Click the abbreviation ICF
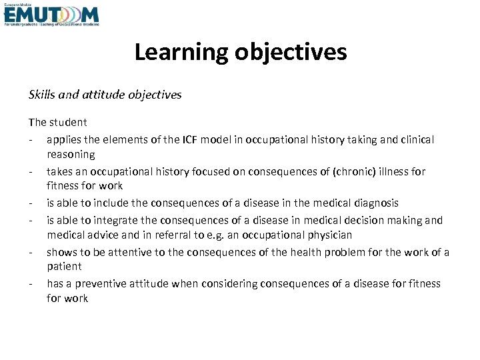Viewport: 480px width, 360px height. coord(190,139)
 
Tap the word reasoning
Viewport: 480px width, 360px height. coord(71,155)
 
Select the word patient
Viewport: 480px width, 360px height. coord(64,267)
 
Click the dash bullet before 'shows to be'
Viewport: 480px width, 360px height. coord(31,252)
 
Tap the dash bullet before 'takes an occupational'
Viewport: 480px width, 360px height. coord(31,171)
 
